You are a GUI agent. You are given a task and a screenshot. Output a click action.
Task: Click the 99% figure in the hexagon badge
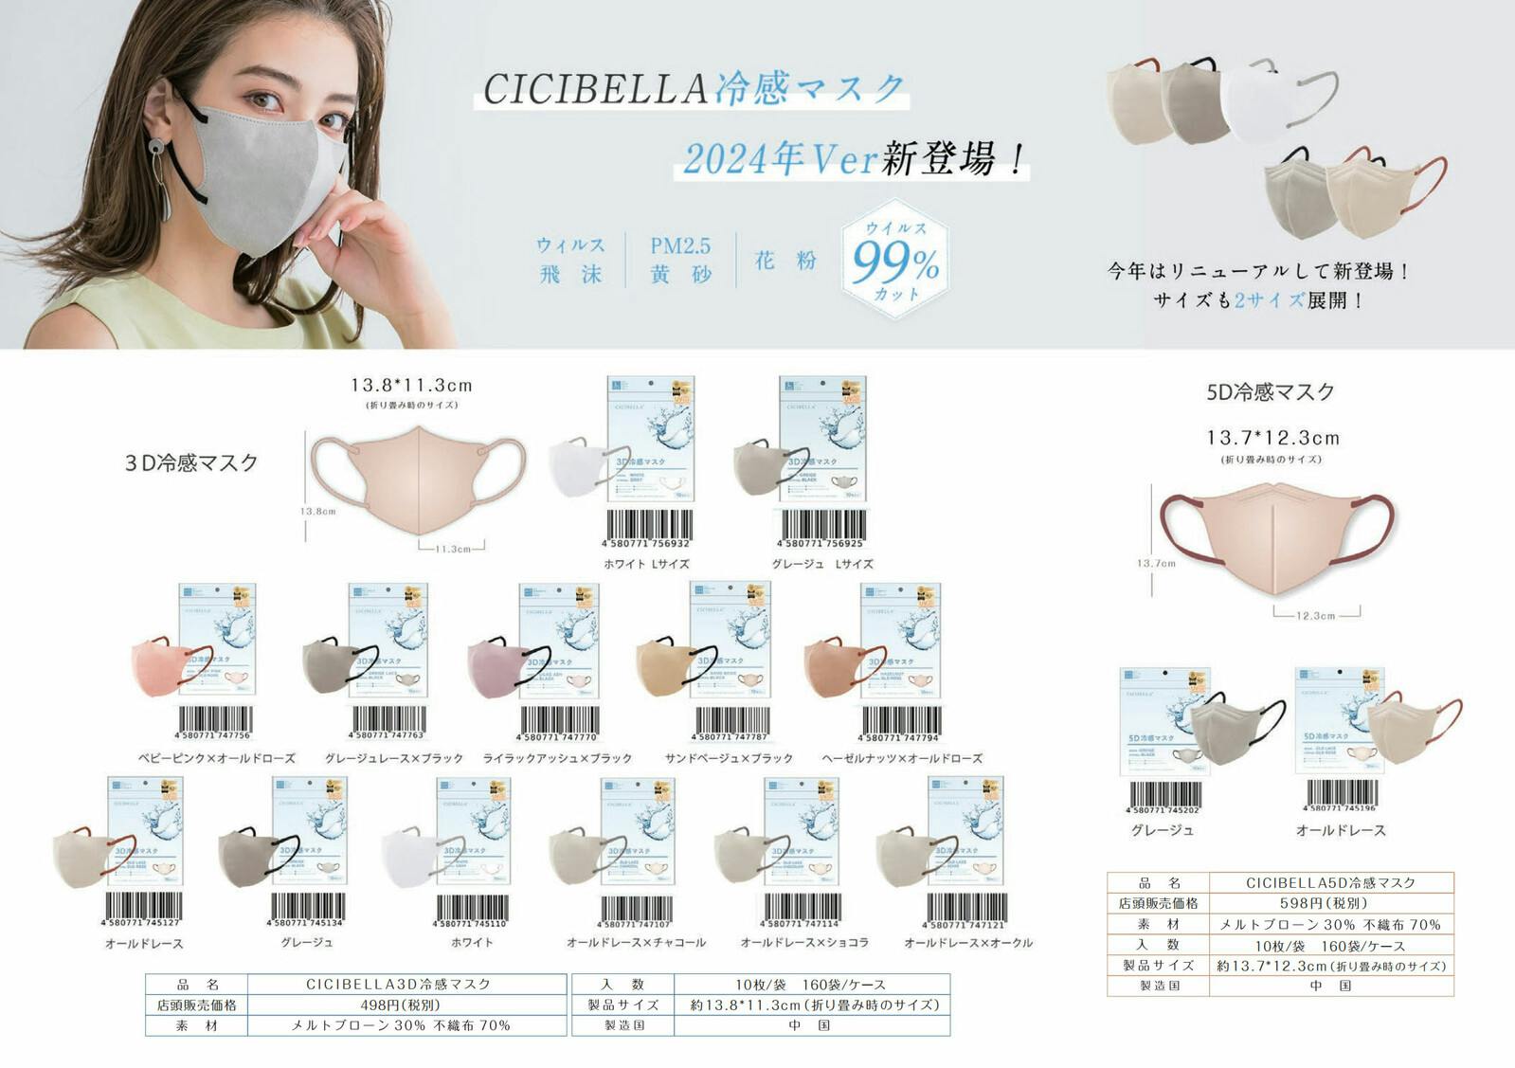coord(894,262)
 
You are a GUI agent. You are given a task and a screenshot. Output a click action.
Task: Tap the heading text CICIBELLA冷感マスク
coord(694,88)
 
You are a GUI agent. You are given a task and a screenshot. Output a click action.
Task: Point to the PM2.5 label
coord(679,245)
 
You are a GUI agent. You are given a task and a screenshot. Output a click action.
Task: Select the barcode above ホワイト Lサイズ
coord(647,530)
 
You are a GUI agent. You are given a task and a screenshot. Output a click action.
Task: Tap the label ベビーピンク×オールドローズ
coord(216,758)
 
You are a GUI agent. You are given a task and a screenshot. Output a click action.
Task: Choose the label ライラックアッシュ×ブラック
coord(557,758)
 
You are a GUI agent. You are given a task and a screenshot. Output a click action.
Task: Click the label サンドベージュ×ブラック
coord(729,758)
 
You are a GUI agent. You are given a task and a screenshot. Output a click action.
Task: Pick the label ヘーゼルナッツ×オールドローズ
coord(902,758)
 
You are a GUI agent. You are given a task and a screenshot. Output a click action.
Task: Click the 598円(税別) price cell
coord(1330,903)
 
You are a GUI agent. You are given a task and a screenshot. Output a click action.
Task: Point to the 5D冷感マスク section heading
coord(1271,391)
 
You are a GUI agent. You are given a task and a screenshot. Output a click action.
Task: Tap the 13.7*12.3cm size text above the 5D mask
coord(1272,438)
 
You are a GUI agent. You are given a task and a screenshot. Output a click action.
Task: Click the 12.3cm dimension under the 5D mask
coord(1316,616)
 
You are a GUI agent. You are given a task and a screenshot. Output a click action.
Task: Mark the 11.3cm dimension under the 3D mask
coord(452,549)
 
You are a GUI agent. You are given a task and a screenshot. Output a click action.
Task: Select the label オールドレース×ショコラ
coord(804,943)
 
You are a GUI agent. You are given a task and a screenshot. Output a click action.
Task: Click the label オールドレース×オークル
coord(968,943)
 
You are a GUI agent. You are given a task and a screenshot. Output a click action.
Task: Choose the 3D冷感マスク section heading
coord(191,462)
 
